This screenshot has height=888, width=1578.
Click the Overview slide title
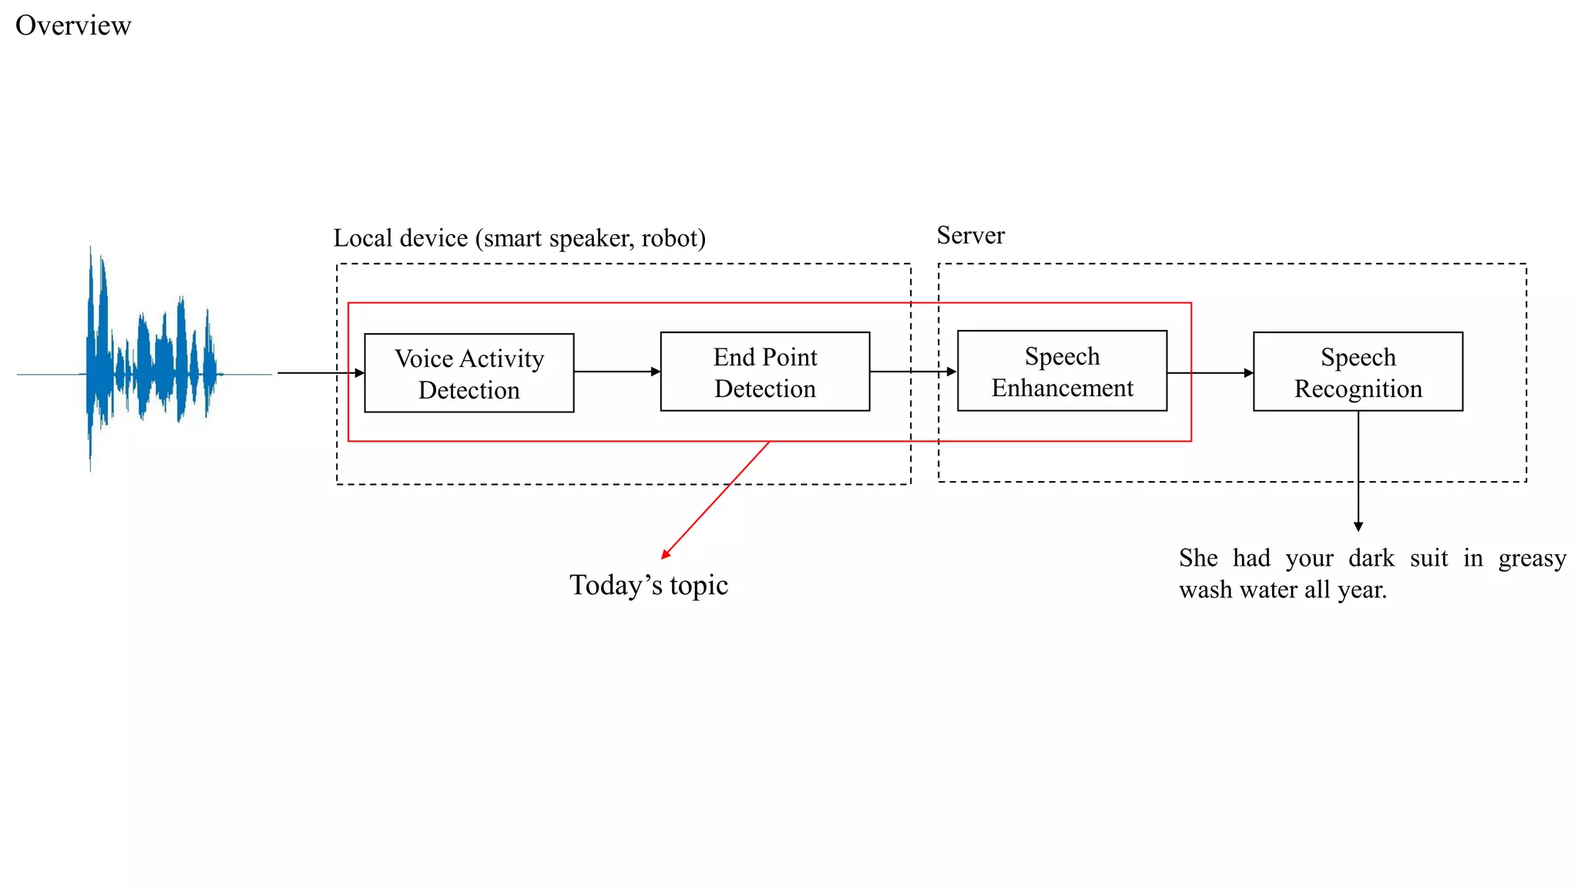pyautogui.click(x=73, y=25)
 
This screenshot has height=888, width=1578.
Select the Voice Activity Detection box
pyautogui.click(x=468, y=373)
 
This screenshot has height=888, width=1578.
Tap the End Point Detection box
pyautogui.click(x=764, y=372)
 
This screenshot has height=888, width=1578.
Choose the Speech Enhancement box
pyautogui.click(x=1062, y=371)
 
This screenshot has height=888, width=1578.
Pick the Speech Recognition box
pyautogui.click(x=1358, y=372)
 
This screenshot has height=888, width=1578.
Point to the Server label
pyautogui.click(x=970, y=235)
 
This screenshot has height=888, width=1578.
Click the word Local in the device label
pyautogui.click(x=362, y=238)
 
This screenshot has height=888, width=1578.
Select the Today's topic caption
pyautogui.click(x=648, y=585)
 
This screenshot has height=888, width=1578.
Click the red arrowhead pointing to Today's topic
pyautogui.click(x=666, y=553)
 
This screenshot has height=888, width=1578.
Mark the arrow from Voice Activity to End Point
pyautogui.click(x=616, y=372)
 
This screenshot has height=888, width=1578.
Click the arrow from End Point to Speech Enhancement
pyautogui.click(x=913, y=372)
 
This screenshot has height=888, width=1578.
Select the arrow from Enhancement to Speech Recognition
pyautogui.click(x=1210, y=373)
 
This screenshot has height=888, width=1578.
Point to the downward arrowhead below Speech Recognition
pyautogui.click(x=1358, y=526)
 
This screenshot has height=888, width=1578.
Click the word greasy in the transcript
pyautogui.click(x=1532, y=558)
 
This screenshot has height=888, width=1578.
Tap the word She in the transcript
pyautogui.click(x=1198, y=558)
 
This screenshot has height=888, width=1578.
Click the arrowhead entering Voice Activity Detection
pyautogui.click(x=360, y=373)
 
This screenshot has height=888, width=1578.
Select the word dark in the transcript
pyautogui.click(x=1371, y=558)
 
